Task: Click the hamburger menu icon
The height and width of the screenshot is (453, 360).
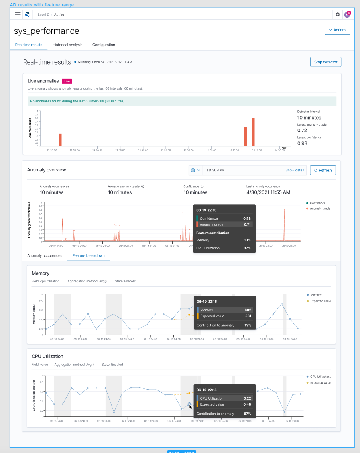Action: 18,14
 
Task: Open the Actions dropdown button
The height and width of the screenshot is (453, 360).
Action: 337,30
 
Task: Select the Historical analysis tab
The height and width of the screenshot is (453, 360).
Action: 67,45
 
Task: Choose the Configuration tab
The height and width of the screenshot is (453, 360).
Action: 104,45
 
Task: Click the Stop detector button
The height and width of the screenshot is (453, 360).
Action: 325,62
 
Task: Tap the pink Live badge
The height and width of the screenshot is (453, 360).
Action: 67,81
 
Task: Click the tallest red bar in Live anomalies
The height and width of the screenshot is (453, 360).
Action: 253,132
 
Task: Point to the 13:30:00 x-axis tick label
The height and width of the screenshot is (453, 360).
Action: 52,151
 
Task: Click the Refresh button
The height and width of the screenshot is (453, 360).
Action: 323,170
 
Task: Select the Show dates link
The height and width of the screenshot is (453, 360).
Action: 295,170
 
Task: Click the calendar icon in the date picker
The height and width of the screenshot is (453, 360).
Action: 193,170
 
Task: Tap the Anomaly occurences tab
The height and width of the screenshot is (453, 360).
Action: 45,255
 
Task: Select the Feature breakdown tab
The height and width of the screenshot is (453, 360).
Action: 89,255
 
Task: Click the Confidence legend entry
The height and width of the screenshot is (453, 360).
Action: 317,203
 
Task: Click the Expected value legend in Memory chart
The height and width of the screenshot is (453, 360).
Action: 320,301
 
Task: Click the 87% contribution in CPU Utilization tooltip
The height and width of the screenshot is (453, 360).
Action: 247,414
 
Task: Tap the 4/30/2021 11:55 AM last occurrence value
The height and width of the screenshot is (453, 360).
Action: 268,192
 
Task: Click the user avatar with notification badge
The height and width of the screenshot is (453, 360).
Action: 347,15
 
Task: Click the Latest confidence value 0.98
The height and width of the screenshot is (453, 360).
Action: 302,143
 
